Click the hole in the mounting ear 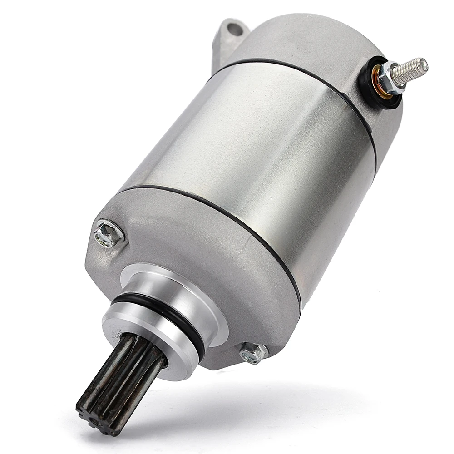233,29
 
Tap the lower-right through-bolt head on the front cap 253,352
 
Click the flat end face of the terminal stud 424,66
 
